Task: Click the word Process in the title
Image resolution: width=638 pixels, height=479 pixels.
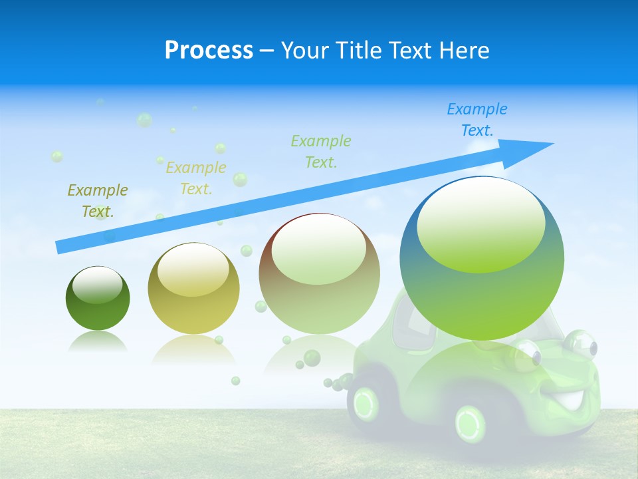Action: [209, 51]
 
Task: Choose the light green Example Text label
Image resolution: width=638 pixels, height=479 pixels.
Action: [321, 151]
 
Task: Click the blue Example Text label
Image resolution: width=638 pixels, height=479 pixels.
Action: [477, 120]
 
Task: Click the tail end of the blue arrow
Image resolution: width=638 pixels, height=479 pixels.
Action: [60, 247]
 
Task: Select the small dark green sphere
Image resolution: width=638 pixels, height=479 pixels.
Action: [98, 298]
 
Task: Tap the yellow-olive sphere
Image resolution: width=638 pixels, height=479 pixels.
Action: [193, 288]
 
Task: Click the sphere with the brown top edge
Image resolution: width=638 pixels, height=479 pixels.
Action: [319, 273]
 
